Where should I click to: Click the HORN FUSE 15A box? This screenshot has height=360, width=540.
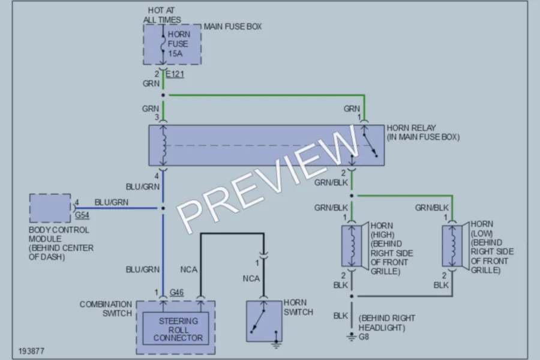[x=172, y=44]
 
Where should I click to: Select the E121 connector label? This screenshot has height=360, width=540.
[x=175, y=74]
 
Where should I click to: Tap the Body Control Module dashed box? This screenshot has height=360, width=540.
[x=50, y=208]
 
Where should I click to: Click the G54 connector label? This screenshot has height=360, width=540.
[x=82, y=215]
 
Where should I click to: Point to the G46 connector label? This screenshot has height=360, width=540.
[x=176, y=292]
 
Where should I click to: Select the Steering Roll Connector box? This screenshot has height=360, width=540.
[x=176, y=328]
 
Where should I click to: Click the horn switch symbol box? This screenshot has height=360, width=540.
[x=264, y=322]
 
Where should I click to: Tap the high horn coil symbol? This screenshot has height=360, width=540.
[x=352, y=246]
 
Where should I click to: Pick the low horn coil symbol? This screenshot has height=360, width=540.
[x=452, y=246]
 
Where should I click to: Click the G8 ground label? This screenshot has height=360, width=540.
[x=364, y=337]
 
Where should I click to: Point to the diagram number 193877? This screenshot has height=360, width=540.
[x=31, y=351]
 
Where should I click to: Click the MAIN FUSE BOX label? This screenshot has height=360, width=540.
[x=233, y=26]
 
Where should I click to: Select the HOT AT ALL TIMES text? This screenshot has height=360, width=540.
[x=162, y=15]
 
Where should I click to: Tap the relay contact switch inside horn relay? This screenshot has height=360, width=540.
[x=370, y=145]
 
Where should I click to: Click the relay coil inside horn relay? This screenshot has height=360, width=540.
[x=164, y=145]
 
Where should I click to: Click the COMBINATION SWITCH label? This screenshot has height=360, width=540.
[x=106, y=309]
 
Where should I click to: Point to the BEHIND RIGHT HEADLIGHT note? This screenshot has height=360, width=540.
[x=387, y=323]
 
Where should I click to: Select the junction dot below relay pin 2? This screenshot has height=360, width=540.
[x=352, y=196]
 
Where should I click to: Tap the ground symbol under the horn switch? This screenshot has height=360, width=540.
[x=276, y=345]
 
